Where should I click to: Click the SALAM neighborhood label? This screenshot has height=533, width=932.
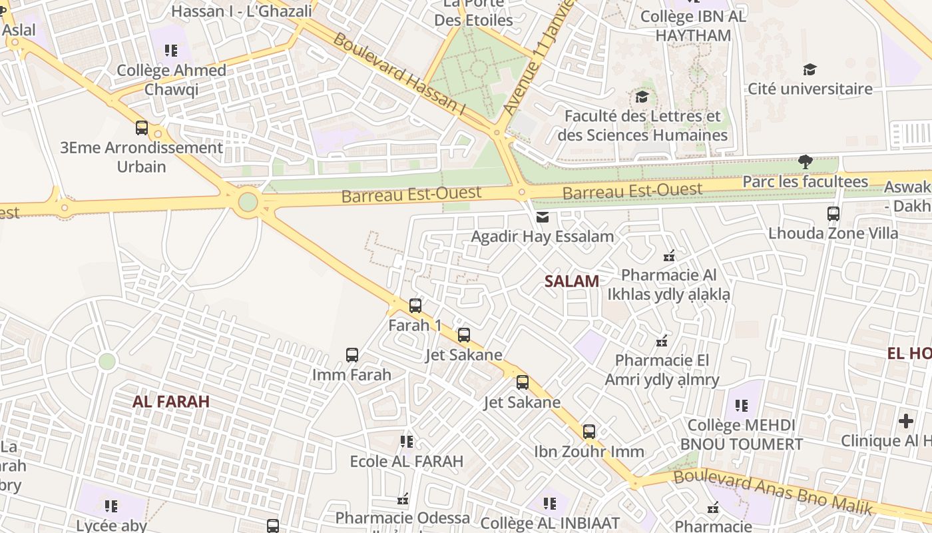coord(572,281)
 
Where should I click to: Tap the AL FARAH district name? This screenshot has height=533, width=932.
coord(171,402)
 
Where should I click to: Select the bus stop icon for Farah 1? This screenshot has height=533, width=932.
coord(415,306)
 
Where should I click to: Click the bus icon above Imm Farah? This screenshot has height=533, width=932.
coord(352,355)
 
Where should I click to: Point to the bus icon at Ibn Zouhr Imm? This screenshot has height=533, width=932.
coord(589,432)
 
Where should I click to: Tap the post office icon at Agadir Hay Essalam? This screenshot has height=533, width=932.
coord(543,217)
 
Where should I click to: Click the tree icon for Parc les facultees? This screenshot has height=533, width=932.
coord(806,161)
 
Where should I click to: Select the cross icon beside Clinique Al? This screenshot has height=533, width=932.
coord(906,421)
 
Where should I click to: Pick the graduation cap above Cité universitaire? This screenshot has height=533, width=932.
coord(810,69)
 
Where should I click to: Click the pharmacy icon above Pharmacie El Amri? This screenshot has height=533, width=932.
coord(662,341)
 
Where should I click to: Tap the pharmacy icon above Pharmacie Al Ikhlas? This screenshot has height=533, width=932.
coord(669,256)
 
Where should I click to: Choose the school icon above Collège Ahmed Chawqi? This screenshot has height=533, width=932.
coord(171,51)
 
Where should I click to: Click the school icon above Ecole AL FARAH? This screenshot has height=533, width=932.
coord(407,441)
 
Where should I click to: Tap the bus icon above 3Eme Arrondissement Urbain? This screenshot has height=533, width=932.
coord(141,127)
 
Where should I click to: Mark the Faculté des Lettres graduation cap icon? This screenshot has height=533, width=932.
coord(642,97)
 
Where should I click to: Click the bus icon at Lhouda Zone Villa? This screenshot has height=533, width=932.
coord(833,214)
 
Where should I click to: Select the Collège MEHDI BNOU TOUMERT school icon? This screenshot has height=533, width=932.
coord(742,405)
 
